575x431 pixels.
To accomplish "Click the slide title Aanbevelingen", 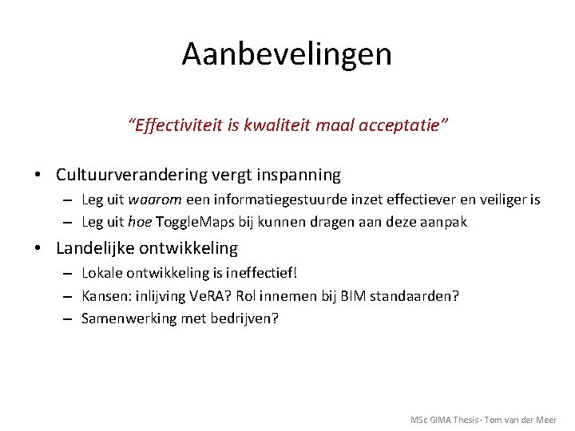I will (287, 54).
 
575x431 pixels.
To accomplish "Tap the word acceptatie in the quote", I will (403, 125).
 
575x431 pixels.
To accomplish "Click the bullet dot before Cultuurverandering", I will (38, 175).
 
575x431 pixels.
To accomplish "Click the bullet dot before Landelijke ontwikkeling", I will (38, 248).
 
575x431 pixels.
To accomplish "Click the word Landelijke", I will (91, 248).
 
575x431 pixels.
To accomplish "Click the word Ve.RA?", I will (212, 296).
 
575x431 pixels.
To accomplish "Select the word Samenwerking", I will (123, 318).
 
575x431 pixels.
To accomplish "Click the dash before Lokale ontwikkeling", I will (67, 274).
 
